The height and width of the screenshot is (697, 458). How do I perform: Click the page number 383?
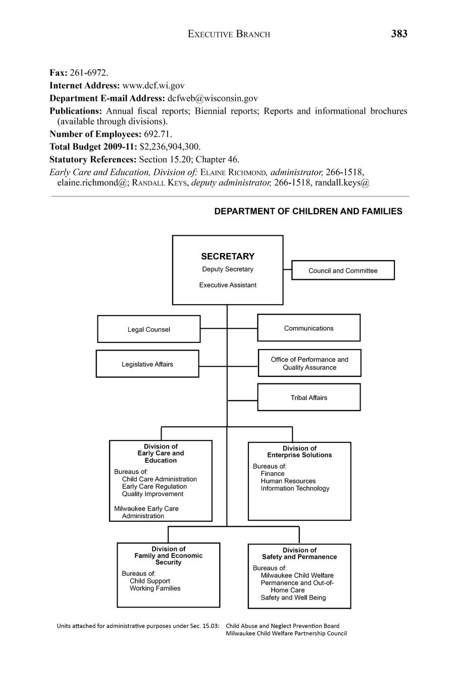coord(398,34)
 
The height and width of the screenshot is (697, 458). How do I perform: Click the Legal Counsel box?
coord(148,329)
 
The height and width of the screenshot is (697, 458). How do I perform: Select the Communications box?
coord(309,328)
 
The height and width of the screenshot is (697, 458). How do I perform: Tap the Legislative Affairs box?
coord(147,364)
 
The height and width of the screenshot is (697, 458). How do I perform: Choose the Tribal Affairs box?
coord(309,397)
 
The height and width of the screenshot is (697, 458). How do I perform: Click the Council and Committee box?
coord(343,271)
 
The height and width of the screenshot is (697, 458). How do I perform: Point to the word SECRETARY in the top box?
coord(228,256)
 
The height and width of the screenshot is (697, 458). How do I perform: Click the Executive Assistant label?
coord(228,285)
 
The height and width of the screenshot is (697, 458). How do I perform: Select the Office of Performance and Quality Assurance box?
coord(310,363)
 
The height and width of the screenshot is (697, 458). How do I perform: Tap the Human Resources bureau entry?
coord(288,481)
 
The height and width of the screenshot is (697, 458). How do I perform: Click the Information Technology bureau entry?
coord(295,488)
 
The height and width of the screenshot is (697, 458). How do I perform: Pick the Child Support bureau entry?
coord(149,581)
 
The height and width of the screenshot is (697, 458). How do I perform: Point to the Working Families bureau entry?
coord(155,588)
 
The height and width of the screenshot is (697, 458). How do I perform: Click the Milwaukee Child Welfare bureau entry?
coord(297,575)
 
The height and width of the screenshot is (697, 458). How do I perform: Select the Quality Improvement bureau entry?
coord(152,494)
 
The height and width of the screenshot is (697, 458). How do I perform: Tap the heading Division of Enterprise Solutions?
coord(299,452)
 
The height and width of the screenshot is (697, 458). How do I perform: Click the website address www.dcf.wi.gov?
coord(154,86)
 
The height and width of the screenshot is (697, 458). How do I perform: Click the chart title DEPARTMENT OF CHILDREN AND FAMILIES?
coord(308,212)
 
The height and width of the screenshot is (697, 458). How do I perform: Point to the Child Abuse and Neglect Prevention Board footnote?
coord(282,626)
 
